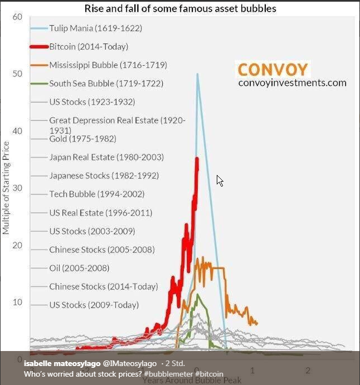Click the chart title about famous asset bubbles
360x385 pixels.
point(180,8)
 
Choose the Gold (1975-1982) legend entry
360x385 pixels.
point(75,138)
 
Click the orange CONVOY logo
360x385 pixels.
point(273,70)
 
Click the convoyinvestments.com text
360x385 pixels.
point(292,83)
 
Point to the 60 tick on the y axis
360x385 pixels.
point(17,17)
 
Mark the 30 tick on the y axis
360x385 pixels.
point(17,188)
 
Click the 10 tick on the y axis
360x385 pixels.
point(17,302)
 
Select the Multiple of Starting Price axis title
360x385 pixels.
point(6,188)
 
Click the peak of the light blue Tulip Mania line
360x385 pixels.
point(197,74)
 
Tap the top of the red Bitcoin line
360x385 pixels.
point(197,159)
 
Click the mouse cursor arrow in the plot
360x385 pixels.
point(220,181)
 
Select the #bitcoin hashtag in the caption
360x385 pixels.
point(209,373)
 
